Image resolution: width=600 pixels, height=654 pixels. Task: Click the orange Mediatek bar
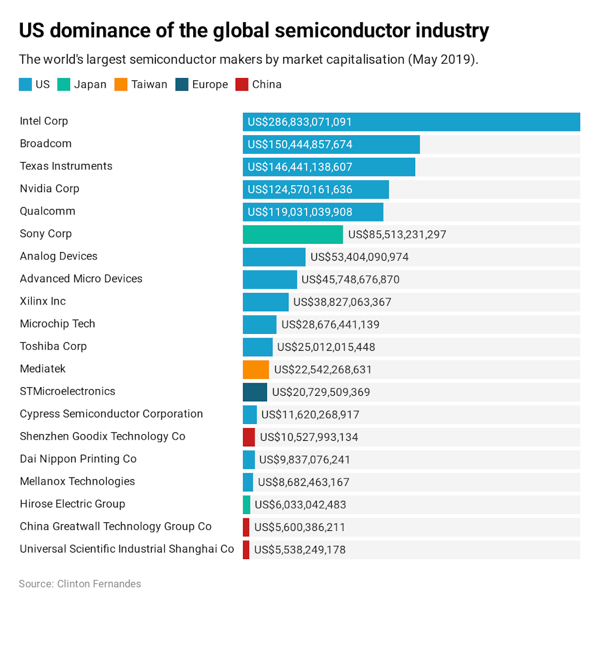coord(256,369)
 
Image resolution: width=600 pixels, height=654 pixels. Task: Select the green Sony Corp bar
coord(293,234)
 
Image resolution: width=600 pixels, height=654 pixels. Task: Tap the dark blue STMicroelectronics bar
coord(255,392)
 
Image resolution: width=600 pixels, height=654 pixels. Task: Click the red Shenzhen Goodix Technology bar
coord(249,437)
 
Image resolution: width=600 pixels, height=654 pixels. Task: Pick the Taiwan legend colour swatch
coord(121,85)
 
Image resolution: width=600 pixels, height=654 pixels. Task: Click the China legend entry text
coord(266,85)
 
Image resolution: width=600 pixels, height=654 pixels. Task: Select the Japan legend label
coord(90,85)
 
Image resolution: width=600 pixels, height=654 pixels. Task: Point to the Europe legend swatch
coord(182,85)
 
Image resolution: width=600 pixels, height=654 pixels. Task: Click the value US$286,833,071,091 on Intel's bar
coord(299,122)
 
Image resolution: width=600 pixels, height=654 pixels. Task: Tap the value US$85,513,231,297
coord(397,234)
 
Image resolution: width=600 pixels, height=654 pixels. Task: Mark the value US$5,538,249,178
coord(299,550)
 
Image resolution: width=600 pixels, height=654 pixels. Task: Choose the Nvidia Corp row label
coord(49,189)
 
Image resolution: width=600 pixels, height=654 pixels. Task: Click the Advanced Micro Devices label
coord(81,279)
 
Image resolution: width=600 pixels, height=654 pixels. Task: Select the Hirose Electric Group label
coord(72,504)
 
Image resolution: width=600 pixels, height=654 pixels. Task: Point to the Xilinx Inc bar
coord(265,302)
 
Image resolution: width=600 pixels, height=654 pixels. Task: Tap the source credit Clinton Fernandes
coord(99,584)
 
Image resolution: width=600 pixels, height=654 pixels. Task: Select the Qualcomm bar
coord(313,212)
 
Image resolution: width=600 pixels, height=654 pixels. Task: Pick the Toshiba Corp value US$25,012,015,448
coord(326,347)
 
